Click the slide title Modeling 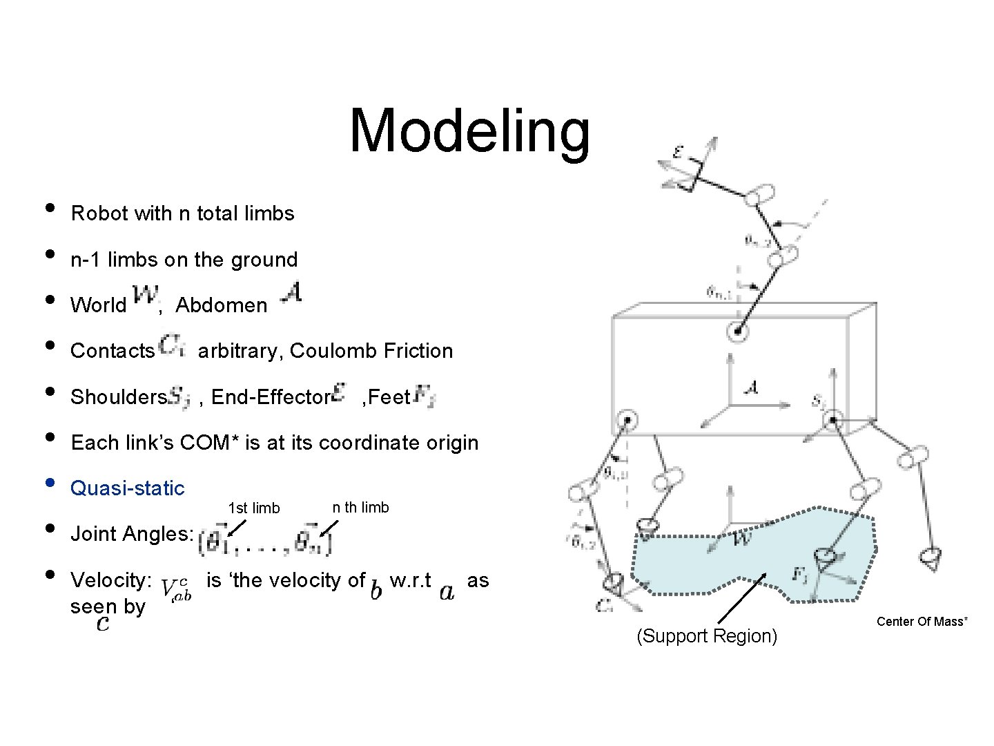469,131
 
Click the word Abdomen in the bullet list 221,305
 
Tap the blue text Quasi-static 128,488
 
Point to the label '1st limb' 254,508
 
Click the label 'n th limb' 360,508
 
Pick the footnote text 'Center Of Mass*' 922,622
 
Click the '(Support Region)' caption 706,636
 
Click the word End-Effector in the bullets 270,397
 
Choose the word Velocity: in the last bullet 111,580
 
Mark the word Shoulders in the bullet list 118,397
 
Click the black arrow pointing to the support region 742,598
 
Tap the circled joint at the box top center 737,332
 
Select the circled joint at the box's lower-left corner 626,420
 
